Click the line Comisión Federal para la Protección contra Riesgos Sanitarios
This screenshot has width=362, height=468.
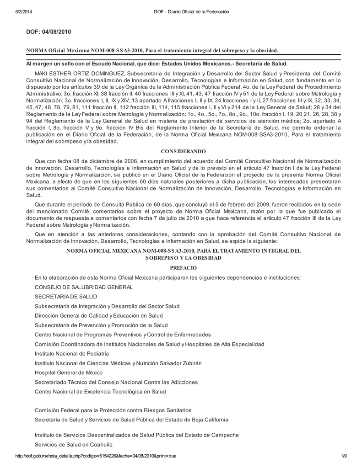click(x=113, y=410)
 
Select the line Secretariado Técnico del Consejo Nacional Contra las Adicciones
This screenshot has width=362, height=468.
click(x=116, y=382)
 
